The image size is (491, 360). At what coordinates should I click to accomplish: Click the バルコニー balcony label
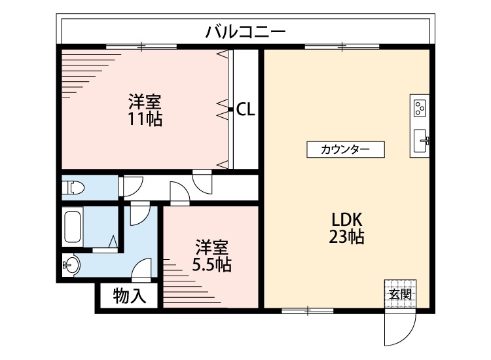tap(245, 31)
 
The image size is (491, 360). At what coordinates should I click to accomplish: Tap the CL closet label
tap(245, 109)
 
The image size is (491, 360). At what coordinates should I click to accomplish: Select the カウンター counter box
tap(346, 149)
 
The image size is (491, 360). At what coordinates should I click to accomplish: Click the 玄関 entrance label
tap(400, 295)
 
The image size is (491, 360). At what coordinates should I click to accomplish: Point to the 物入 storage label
tap(128, 296)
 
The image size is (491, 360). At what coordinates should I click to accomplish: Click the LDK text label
tap(346, 219)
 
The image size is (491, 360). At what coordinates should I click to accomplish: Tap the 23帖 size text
tap(346, 236)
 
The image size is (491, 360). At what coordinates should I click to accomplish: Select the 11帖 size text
tap(145, 119)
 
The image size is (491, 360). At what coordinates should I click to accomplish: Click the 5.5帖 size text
tap(211, 264)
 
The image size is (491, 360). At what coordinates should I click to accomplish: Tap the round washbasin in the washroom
tap(71, 266)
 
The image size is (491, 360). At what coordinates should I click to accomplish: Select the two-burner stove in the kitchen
tap(420, 107)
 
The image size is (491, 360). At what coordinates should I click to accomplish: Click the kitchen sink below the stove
tap(420, 139)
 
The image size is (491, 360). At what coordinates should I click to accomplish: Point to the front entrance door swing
tap(399, 327)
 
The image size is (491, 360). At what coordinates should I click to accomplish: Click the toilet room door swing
tap(130, 186)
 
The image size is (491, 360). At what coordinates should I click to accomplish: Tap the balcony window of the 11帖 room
tap(141, 46)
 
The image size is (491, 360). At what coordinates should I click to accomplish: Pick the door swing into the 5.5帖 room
tap(179, 192)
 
